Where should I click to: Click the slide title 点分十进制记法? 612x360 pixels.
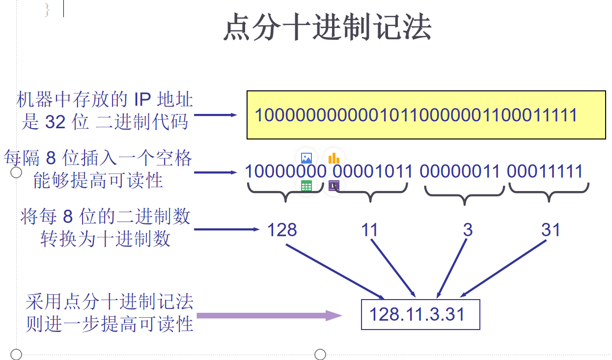[x=327, y=28]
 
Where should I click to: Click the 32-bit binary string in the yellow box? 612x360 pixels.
[x=416, y=115]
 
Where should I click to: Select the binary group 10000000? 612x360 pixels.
[x=285, y=171]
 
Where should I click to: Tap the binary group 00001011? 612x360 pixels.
[x=373, y=171]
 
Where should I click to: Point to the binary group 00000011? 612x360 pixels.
[x=460, y=171]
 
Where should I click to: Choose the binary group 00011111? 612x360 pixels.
[x=545, y=171]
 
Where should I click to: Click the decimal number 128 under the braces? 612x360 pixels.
[x=282, y=230]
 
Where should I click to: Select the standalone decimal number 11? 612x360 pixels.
[x=369, y=230]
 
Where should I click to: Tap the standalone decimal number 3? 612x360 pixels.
[x=468, y=230]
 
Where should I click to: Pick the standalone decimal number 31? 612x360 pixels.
[x=551, y=230]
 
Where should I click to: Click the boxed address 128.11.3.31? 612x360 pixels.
[x=417, y=314]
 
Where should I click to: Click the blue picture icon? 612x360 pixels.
[x=306, y=158]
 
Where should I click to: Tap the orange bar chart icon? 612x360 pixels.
[x=334, y=158]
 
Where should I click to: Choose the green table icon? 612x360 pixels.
[x=306, y=186]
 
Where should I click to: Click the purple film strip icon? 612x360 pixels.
[x=334, y=186]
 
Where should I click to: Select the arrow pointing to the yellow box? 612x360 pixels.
[x=216, y=115]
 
